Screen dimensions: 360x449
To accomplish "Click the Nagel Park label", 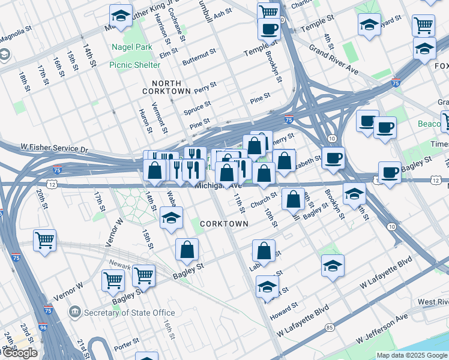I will coord(126,47).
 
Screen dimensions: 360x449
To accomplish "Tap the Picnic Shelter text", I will coord(134,65).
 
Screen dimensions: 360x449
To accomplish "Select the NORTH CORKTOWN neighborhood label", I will coord(166,87).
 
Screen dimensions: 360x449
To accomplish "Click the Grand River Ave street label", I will coord(334,58).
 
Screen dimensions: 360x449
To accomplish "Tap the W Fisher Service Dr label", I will coord(54,148).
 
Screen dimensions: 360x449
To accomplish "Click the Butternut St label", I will coord(199,58).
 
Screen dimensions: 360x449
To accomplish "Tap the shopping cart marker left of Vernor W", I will coord(44,241).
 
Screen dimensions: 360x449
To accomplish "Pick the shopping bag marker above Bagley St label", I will coord(187,250).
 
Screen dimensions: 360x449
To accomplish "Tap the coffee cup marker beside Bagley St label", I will coord(389,172).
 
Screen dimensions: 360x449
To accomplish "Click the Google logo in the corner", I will coord(19,353).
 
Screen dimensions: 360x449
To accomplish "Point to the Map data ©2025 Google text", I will coord(412,355).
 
